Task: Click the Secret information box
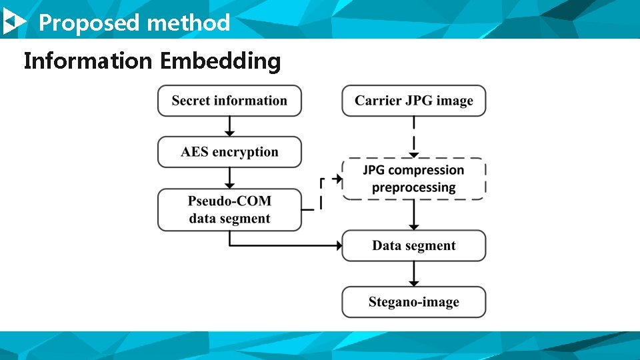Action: pos(229,101)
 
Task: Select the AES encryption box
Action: pos(229,152)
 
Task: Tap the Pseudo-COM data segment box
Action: pos(229,210)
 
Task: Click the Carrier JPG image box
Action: pos(414,101)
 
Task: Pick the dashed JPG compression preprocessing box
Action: pos(414,179)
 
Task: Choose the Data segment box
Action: pos(414,245)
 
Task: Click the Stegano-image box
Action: pos(414,302)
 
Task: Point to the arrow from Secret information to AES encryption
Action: pos(229,126)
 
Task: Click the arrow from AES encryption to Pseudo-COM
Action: pos(229,177)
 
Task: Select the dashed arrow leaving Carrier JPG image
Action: pos(414,136)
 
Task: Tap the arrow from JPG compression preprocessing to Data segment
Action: pos(414,215)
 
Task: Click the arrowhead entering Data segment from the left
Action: pos(337,245)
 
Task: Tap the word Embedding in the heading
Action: pos(220,61)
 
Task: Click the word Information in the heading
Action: pos(88,61)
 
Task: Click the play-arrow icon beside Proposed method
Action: pos(14,23)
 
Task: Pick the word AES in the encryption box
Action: pos(195,152)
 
